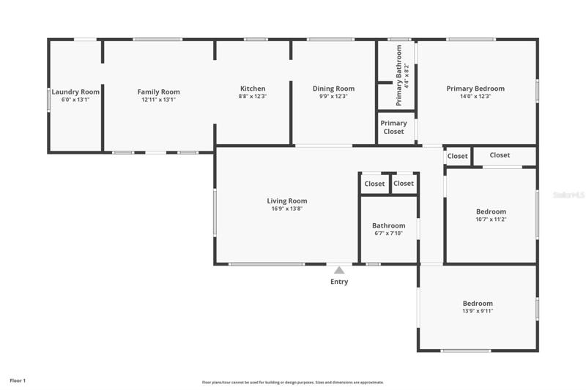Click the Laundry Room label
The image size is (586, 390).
(x=75, y=91)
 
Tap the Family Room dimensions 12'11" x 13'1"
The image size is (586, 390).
(x=158, y=100)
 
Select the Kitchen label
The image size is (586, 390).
(x=253, y=89)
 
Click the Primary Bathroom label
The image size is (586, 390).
(x=398, y=75)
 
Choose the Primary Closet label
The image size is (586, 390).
(x=393, y=127)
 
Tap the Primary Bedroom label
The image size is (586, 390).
(x=475, y=89)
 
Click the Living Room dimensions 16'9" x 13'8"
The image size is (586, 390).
(x=287, y=209)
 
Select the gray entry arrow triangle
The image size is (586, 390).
(x=339, y=270)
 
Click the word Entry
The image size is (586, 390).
(x=339, y=282)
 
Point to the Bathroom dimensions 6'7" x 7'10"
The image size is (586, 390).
(x=389, y=233)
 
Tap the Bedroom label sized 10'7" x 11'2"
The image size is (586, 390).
(x=491, y=211)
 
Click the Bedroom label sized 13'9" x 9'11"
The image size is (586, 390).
(x=478, y=304)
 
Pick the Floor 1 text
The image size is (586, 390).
(x=18, y=380)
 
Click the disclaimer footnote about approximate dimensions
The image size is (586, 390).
(x=293, y=382)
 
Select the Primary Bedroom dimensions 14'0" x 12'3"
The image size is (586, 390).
(x=475, y=97)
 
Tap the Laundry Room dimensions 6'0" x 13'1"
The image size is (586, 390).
(x=75, y=100)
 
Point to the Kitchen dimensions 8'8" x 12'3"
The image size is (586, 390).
(x=253, y=97)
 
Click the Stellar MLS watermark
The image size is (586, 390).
(x=569, y=195)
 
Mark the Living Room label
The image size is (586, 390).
(x=287, y=200)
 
